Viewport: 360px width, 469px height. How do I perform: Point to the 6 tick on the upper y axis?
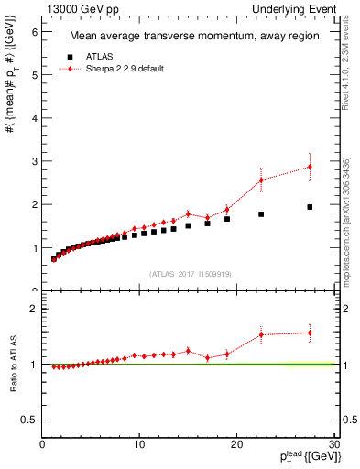pyautogui.click(x=35, y=31)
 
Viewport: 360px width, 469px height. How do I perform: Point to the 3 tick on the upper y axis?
pyautogui.click(x=35, y=161)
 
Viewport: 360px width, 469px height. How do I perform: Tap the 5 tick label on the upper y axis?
pyautogui.click(x=35, y=75)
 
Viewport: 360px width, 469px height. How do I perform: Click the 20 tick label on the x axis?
pyautogui.click(x=236, y=445)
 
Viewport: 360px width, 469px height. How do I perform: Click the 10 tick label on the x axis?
pyautogui.click(x=139, y=445)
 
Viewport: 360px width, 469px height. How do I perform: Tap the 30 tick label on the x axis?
pyautogui.click(x=333, y=445)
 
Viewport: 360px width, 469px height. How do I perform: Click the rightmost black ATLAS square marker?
pyautogui.click(x=310, y=207)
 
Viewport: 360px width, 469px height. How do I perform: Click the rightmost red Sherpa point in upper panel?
pyautogui.click(x=310, y=167)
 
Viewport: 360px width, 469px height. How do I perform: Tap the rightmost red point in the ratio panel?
pyautogui.click(x=310, y=333)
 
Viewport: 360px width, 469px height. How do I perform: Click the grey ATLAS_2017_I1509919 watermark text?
pyautogui.click(x=190, y=272)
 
